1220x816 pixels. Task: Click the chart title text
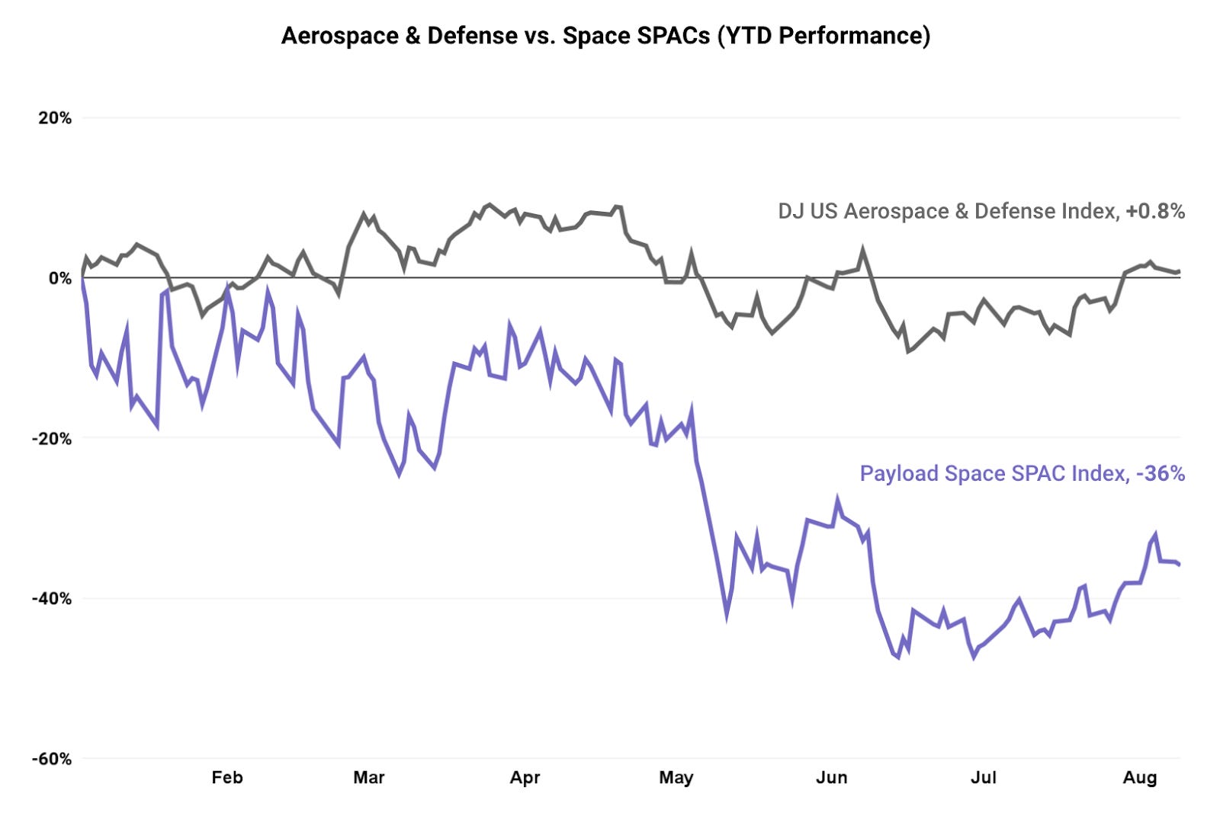click(x=605, y=36)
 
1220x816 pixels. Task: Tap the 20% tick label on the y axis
click(x=55, y=118)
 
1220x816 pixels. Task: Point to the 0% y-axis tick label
click(x=60, y=278)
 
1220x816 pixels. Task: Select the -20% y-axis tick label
click(x=52, y=439)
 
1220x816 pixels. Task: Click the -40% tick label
click(x=52, y=599)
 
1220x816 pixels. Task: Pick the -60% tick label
click(x=52, y=759)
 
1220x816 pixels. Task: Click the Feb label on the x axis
click(x=227, y=777)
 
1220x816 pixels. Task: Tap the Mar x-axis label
click(x=369, y=777)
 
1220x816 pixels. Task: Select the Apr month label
click(x=525, y=777)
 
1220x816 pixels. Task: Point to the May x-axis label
click(x=676, y=777)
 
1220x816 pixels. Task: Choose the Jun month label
click(x=831, y=777)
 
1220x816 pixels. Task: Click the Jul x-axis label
click(x=983, y=777)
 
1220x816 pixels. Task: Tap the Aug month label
click(x=1140, y=777)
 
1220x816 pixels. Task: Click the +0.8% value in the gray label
click(x=1155, y=211)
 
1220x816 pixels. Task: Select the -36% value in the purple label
click(x=1161, y=473)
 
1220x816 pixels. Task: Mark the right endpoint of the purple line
click(x=1180, y=565)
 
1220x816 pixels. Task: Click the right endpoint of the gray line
click(x=1180, y=271)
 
